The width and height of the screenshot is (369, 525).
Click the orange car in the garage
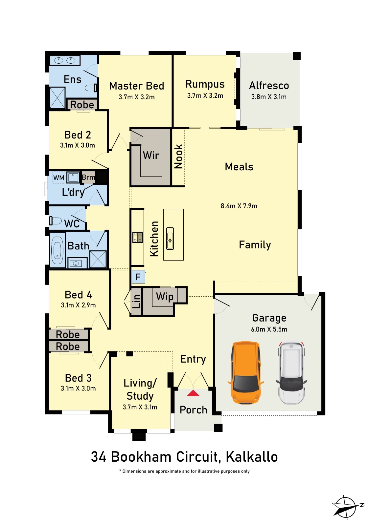point(245,372)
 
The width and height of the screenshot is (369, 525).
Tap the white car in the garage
point(291,372)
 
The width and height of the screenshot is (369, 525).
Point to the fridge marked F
point(138,277)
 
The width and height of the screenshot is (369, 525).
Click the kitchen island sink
point(170,238)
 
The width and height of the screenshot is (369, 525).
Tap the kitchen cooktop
point(138,237)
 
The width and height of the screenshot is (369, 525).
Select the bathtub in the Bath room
point(57,250)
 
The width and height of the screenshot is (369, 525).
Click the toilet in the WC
point(56,221)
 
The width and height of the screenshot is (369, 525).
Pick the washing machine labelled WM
point(59,178)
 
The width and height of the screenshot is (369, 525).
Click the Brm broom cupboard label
point(88,178)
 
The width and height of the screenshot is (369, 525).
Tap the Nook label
point(178,156)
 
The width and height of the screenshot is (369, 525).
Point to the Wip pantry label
point(165,297)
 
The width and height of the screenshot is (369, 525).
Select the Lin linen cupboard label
point(136,302)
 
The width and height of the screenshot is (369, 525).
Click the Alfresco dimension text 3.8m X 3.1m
point(269,97)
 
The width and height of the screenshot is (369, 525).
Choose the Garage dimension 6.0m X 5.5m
point(269,329)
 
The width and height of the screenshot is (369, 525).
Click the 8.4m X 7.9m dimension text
point(239,206)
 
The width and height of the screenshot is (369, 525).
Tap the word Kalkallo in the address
point(252,457)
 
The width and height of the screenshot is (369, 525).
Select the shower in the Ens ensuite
point(57,98)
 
